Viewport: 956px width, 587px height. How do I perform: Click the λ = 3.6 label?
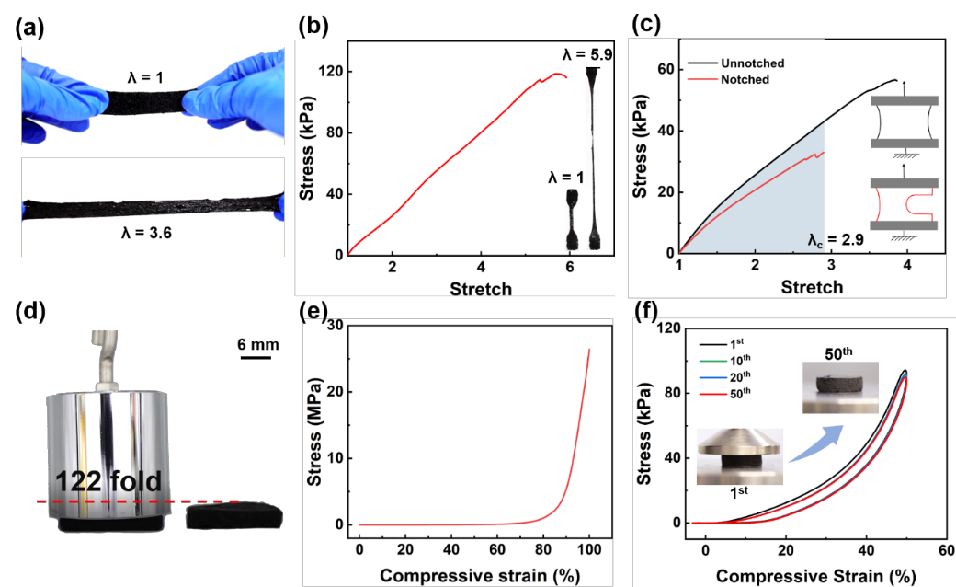coord(148,234)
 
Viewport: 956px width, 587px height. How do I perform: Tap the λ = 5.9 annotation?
coord(587,54)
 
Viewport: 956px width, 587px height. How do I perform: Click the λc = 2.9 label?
coord(834,239)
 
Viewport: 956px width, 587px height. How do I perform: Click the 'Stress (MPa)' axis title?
coord(313,423)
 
